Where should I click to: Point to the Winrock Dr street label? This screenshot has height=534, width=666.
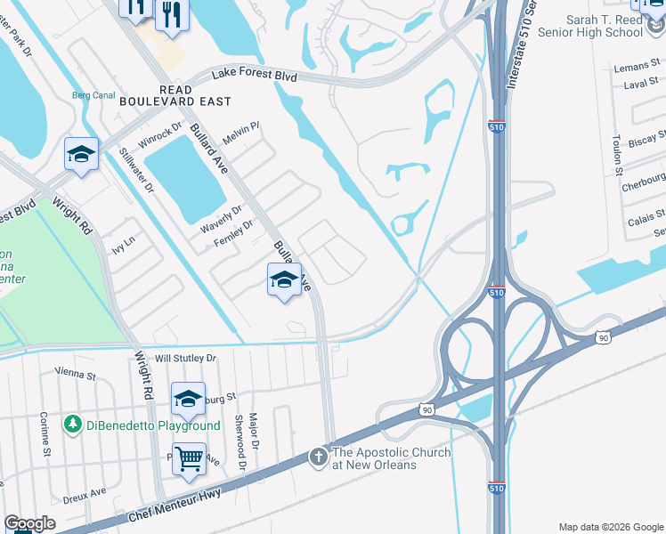[160, 136]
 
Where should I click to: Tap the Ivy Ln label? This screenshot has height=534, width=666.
[121, 240]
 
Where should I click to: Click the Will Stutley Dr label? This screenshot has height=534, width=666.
[186, 358]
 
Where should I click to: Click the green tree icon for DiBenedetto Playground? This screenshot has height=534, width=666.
[73, 425]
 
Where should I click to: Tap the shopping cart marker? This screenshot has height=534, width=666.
[189, 458]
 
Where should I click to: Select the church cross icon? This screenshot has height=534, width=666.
[319, 457]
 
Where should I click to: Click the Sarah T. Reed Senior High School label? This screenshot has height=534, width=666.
[605, 26]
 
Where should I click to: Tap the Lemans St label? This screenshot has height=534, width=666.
[635, 68]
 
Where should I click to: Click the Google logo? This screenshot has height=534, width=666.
[29, 523]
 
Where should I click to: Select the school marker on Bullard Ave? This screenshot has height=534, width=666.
[284, 279]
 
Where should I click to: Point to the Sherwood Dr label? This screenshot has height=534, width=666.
[238, 441]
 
